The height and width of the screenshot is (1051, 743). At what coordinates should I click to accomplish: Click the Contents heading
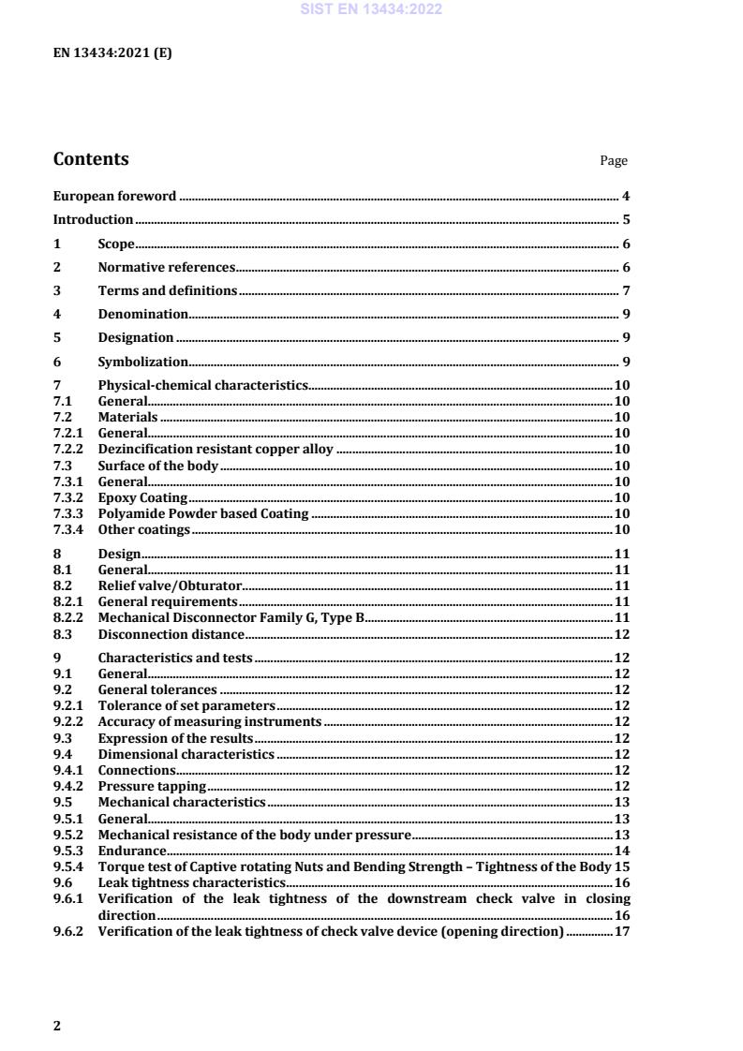[x=91, y=159]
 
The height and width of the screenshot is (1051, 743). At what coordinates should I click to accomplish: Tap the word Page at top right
[x=613, y=161]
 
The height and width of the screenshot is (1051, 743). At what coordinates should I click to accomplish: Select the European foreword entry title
[x=114, y=196]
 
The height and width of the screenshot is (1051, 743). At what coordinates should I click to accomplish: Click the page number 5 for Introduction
[x=625, y=220]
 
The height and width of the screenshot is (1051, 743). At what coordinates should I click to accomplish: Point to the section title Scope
[x=116, y=244]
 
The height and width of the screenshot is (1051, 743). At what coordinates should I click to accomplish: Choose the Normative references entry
[x=166, y=268]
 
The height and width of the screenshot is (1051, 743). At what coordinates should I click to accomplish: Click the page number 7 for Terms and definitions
[x=625, y=291]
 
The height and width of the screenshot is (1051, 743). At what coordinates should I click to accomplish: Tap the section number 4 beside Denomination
[x=57, y=315]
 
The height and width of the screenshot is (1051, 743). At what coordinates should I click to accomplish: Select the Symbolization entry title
[x=142, y=362]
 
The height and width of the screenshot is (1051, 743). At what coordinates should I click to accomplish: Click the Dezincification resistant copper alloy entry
[x=215, y=450]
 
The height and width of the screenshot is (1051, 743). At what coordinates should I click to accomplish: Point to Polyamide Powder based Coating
[x=203, y=513]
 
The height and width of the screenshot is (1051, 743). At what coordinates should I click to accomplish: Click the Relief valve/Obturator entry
[x=170, y=585]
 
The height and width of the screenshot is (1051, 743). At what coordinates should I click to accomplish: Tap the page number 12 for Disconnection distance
[x=621, y=634]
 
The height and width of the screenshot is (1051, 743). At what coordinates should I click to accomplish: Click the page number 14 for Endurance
[x=621, y=851]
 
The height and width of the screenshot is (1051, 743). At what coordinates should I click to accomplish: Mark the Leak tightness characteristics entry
[x=191, y=882]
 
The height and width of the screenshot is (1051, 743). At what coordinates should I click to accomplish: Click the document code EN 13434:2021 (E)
[x=112, y=52]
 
